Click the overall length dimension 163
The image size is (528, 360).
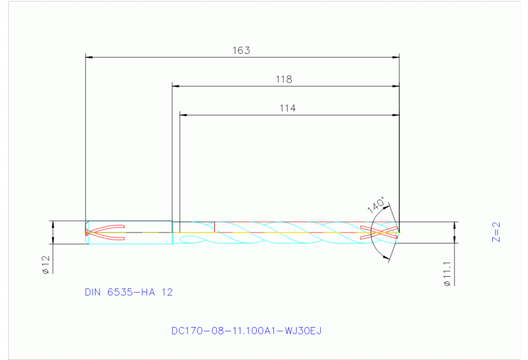(x=241, y=50)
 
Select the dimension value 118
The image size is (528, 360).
(x=284, y=79)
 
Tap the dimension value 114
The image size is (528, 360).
(x=288, y=108)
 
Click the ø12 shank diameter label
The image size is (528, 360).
(x=45, y=265)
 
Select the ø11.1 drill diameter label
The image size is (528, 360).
(x=447, y=273)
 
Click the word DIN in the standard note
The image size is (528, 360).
(x=93, y=292)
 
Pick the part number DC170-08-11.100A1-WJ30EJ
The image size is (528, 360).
(x=246, y=330)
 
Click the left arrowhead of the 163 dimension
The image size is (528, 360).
(x=88, y=57)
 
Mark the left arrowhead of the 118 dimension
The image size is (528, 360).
(x=176, y=86)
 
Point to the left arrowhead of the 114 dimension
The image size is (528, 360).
(x=183, y=114)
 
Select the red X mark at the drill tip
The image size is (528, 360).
(x=383, y=233)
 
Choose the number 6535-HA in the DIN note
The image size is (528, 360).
(x=131, y=292)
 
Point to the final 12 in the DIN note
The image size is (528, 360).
(x=167, y=292)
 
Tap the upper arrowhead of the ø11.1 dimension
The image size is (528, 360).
(x=454, y=225)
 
